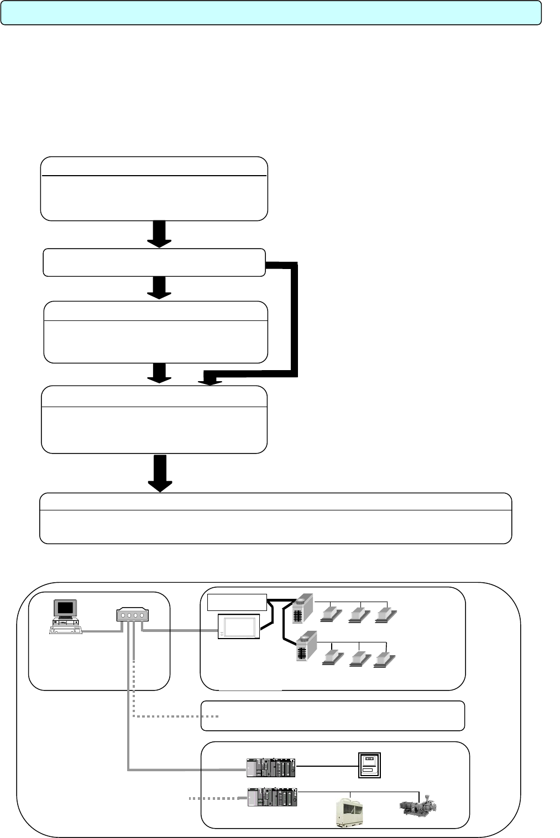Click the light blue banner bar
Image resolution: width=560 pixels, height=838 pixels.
click(x=271, y=13)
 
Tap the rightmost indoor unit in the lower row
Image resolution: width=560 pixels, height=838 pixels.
click(x=385, y=658)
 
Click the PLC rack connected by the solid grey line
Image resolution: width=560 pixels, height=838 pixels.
click(x=271, y=766)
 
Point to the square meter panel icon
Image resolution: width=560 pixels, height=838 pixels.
click(x=370, y=766)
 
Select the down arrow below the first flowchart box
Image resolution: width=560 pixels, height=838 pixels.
click(x=159, y=234)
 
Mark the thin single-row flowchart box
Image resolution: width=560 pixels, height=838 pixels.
click(x=154, y=262)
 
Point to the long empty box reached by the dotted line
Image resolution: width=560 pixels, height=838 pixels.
click(x=332, y=716)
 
